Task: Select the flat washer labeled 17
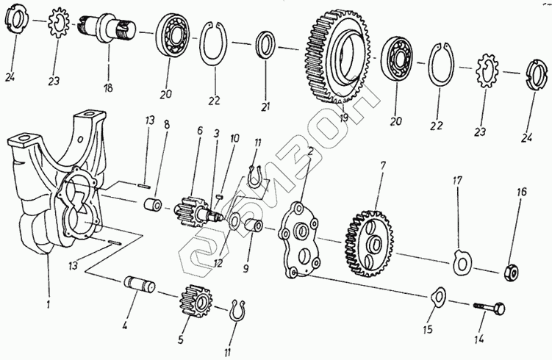(462, 260)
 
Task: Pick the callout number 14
(480, 339)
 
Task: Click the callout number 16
(521, 192)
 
